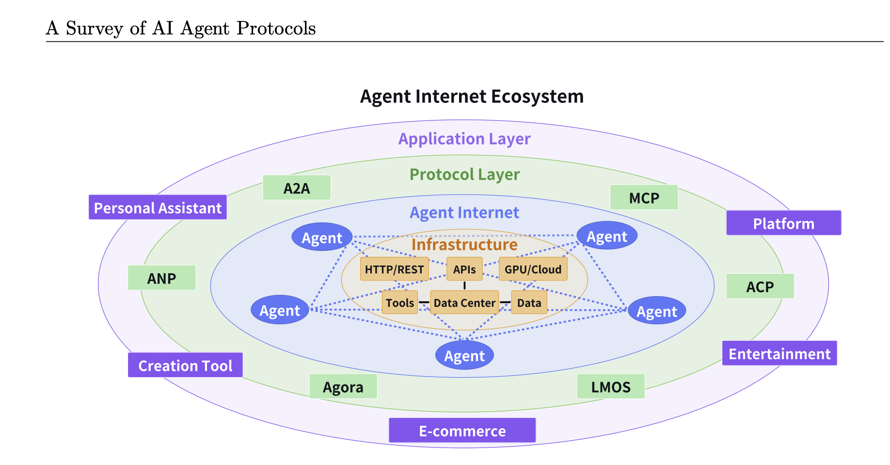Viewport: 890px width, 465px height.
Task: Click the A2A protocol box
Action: [x=297, y=188]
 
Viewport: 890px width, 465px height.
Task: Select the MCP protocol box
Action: [x=644, y=198]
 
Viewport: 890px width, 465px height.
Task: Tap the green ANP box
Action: [x=161, y=278]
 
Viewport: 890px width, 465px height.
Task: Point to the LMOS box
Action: [x=611, y=387]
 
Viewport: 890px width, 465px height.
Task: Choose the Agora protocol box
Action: [x=343, y=387]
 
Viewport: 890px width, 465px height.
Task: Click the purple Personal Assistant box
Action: [x=158, y=208]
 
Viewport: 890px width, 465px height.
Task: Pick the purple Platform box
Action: [x=783, y=223]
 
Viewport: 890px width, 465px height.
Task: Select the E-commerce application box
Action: [x=462, y=431]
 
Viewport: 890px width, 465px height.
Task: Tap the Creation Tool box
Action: [x=185, y=365]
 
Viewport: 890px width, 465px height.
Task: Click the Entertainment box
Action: [x=779, y=353]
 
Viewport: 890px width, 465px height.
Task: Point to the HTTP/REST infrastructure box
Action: [x=394, y=269]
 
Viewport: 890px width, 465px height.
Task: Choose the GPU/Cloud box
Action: [x=533, y=269]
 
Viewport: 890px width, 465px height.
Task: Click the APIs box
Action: [x=464, y=269]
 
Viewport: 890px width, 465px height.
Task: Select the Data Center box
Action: [x=464, y=302]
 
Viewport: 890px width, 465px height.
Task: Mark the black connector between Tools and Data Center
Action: [x=424, y=302]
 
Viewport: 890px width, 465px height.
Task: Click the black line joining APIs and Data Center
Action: [x=464, y=285]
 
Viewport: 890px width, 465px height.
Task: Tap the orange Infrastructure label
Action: [x=464, y=244]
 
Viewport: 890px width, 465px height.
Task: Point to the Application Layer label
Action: [x=464, y=139]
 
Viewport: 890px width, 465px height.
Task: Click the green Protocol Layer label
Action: [x=464, y=174]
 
